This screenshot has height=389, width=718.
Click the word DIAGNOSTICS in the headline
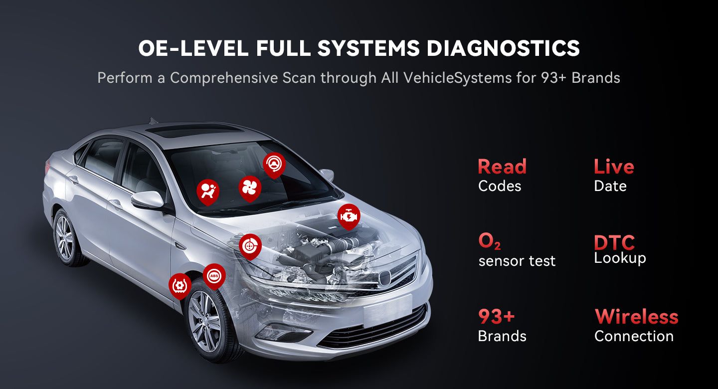[x=503, y=48]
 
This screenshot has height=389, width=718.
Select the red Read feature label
[x=502, y=167]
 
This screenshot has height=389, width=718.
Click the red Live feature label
[x=614, y=167]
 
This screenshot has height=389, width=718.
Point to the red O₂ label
[x=489, y=241]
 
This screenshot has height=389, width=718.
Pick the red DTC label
[x=614, y=242]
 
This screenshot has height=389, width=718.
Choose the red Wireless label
[x=636, y=317]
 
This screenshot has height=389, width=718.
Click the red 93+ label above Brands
[x=496, y=317]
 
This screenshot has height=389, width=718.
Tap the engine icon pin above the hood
[x=349, y=217]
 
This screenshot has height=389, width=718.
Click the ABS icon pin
[x=214, y=276]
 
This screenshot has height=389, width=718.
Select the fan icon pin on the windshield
[x=250, y=189]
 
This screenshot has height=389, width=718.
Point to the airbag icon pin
[x=208, y=192]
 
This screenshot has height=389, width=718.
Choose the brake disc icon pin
[x=250, y=246]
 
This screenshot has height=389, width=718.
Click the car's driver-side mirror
[x=148, y=200]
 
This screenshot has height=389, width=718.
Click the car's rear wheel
[x=66, y=237]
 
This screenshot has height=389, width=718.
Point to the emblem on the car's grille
[x=384, y=277]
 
